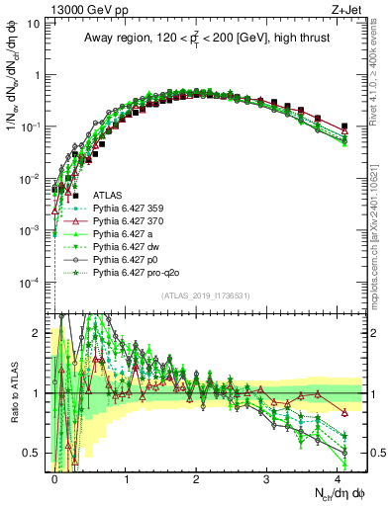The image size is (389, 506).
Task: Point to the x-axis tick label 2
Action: click(196, 478)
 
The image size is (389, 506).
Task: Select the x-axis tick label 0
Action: click(54, 478)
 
